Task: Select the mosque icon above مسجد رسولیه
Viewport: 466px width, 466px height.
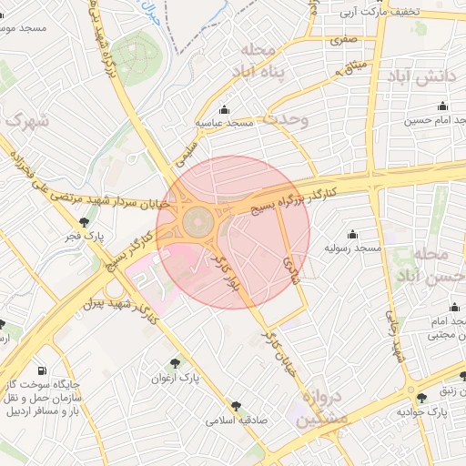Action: pyautogui.click(x=352, y=234)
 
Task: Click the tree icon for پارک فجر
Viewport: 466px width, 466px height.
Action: pyautogui.click(x=85, y=221)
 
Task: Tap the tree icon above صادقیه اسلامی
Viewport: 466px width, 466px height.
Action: pyautogui.click(x=237, y=406)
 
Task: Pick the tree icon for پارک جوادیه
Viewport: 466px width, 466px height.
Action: pyautogui.click(x=420, y=398)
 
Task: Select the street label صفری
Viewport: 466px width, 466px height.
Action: pyautogui.click(x=343, y=39)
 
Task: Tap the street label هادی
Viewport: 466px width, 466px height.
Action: pyautogui.click(x=292, y=265)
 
